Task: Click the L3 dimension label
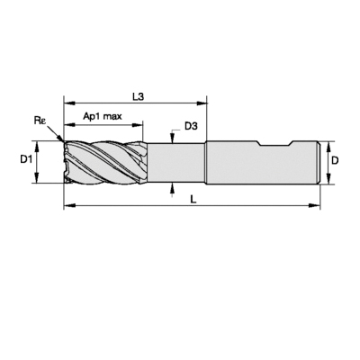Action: (x=139, y=97)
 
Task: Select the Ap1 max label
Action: (x=103, y=116)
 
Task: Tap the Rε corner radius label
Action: (x=40, y=121)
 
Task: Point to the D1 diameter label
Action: (x=26, y=160)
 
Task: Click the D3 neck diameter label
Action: (x=191, y=126)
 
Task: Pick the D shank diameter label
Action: (x=335, y=160)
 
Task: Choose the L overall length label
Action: (x=193, y=199)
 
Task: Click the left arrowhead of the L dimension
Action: (x=69, y=205)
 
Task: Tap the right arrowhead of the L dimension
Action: (x=315, y=205)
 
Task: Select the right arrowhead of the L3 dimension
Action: (x=202, y=103)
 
